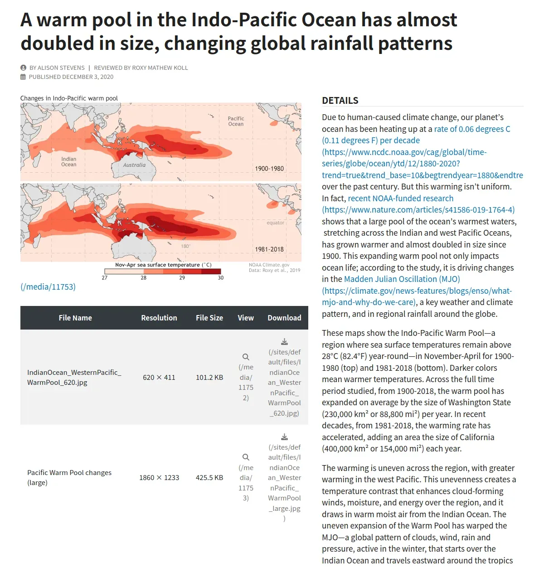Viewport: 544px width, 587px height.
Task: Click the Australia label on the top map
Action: click(x=134, y=165)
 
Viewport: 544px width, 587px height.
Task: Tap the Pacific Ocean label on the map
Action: click(x=236, y=121)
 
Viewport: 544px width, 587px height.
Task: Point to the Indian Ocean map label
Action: click(x=68, y=162)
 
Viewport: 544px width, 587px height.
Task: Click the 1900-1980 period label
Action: click(x=269, y=169)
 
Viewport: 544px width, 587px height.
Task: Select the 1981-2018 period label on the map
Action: click(x=269, y=249)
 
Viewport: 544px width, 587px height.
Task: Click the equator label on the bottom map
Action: click(x=275, y=223)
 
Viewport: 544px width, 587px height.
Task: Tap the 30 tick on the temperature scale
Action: click(x=221, y=277)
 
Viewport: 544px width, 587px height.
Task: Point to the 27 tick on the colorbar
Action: click(x=104, y=277)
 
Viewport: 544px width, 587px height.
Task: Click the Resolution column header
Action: click(x=159, y=318)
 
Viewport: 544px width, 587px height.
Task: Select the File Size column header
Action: click(x=209, y=318)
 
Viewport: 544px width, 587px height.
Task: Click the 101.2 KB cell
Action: click(x=209, y=378)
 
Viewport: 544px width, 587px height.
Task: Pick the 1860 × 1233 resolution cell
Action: click(x=159, y=478)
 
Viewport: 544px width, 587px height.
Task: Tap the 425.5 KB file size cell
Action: click(x=209, y=478)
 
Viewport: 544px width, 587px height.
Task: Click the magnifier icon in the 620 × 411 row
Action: click(x=246, y=357)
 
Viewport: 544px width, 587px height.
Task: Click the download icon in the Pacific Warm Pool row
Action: click(x=284, y=437)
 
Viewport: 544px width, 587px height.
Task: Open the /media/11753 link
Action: click(x=48, y=287)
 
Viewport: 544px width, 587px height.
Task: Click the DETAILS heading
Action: click(x=340, y=101)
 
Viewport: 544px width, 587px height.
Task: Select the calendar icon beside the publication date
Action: click(x=23, y=77)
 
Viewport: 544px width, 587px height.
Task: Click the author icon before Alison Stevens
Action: click(x=24, y=68)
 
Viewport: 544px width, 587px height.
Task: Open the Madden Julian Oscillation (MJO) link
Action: click(x=402, y=279)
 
